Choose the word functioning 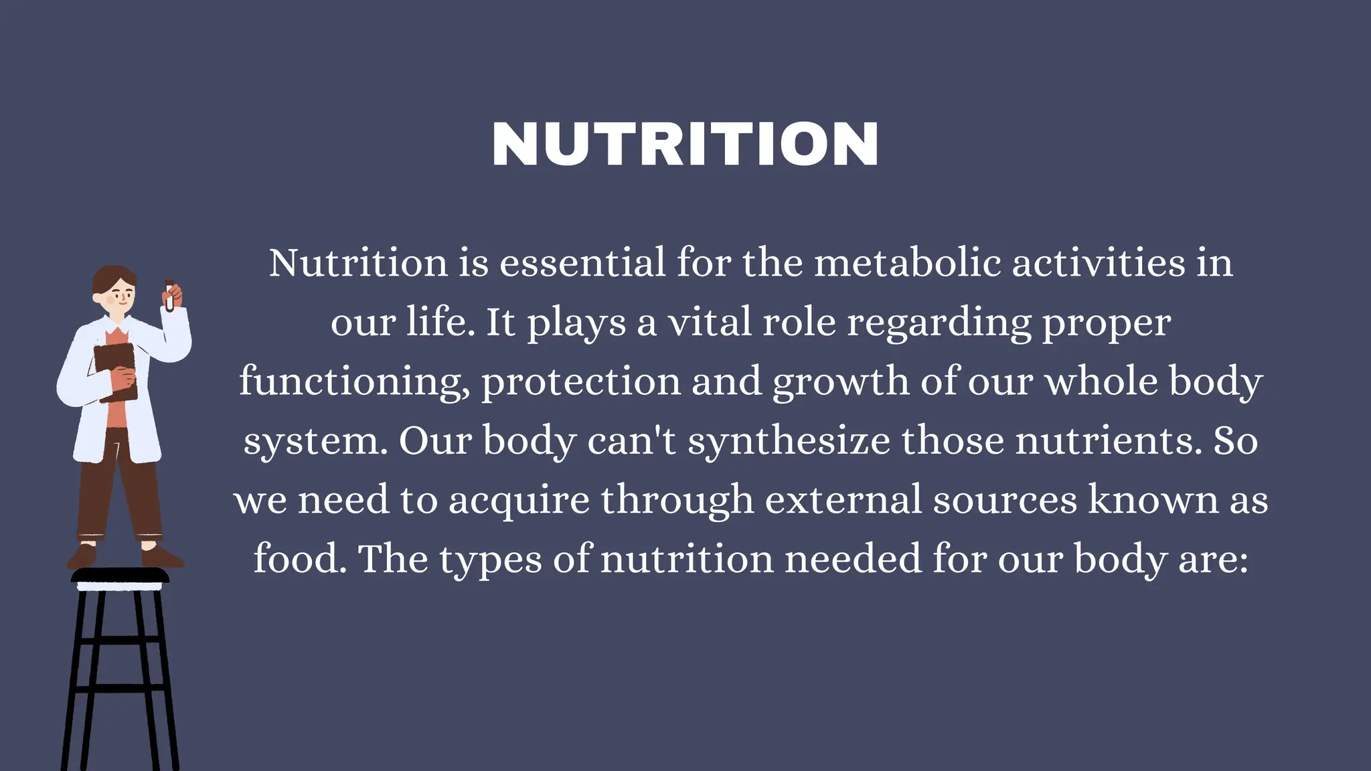[x=354, y=381]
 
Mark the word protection [x=580, y=381]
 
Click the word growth [x=841, y=381]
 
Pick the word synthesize [x=789, y=441]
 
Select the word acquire [x=519, y=501]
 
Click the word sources [x=1005, y=501]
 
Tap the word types [x=490, y=560]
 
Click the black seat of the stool [x=120, y=575]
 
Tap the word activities [x=1098, y=262]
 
